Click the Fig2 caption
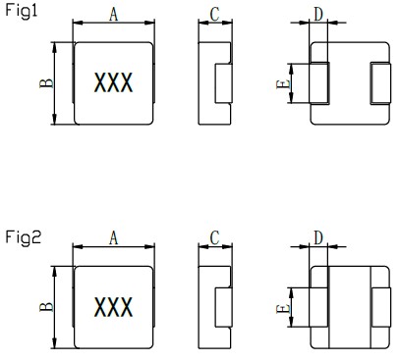pyautogui.click(x=21, y=236)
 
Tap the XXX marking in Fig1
pyautogui.click(x=113, y=83)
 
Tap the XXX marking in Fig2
pyautogui.click(x=113, y=307)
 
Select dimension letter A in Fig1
pyautogui.click(x=113, y=15)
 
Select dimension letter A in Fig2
pyautogui.click(x=113, y=238)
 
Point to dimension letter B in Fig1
pyautogui.click(x=45, y=82)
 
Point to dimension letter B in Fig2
pyautogui.click(x=45, y=306)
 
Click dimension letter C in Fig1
pyautogui.click(x=214, y=15)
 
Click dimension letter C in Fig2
pyautogui.click(x=214, y=238)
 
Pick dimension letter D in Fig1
pyautogui.click(x=318, y=13)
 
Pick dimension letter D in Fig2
pyautogui.click(x=318, y=237)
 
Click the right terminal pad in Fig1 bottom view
pyautogui.click(x=378, y=82)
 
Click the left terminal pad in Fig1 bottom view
pyautogui.click(x=318, y=82)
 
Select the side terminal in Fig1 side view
pyautogui.click(x=223, y=82)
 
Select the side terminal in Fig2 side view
pyautogui.click(x=223, y=307)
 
